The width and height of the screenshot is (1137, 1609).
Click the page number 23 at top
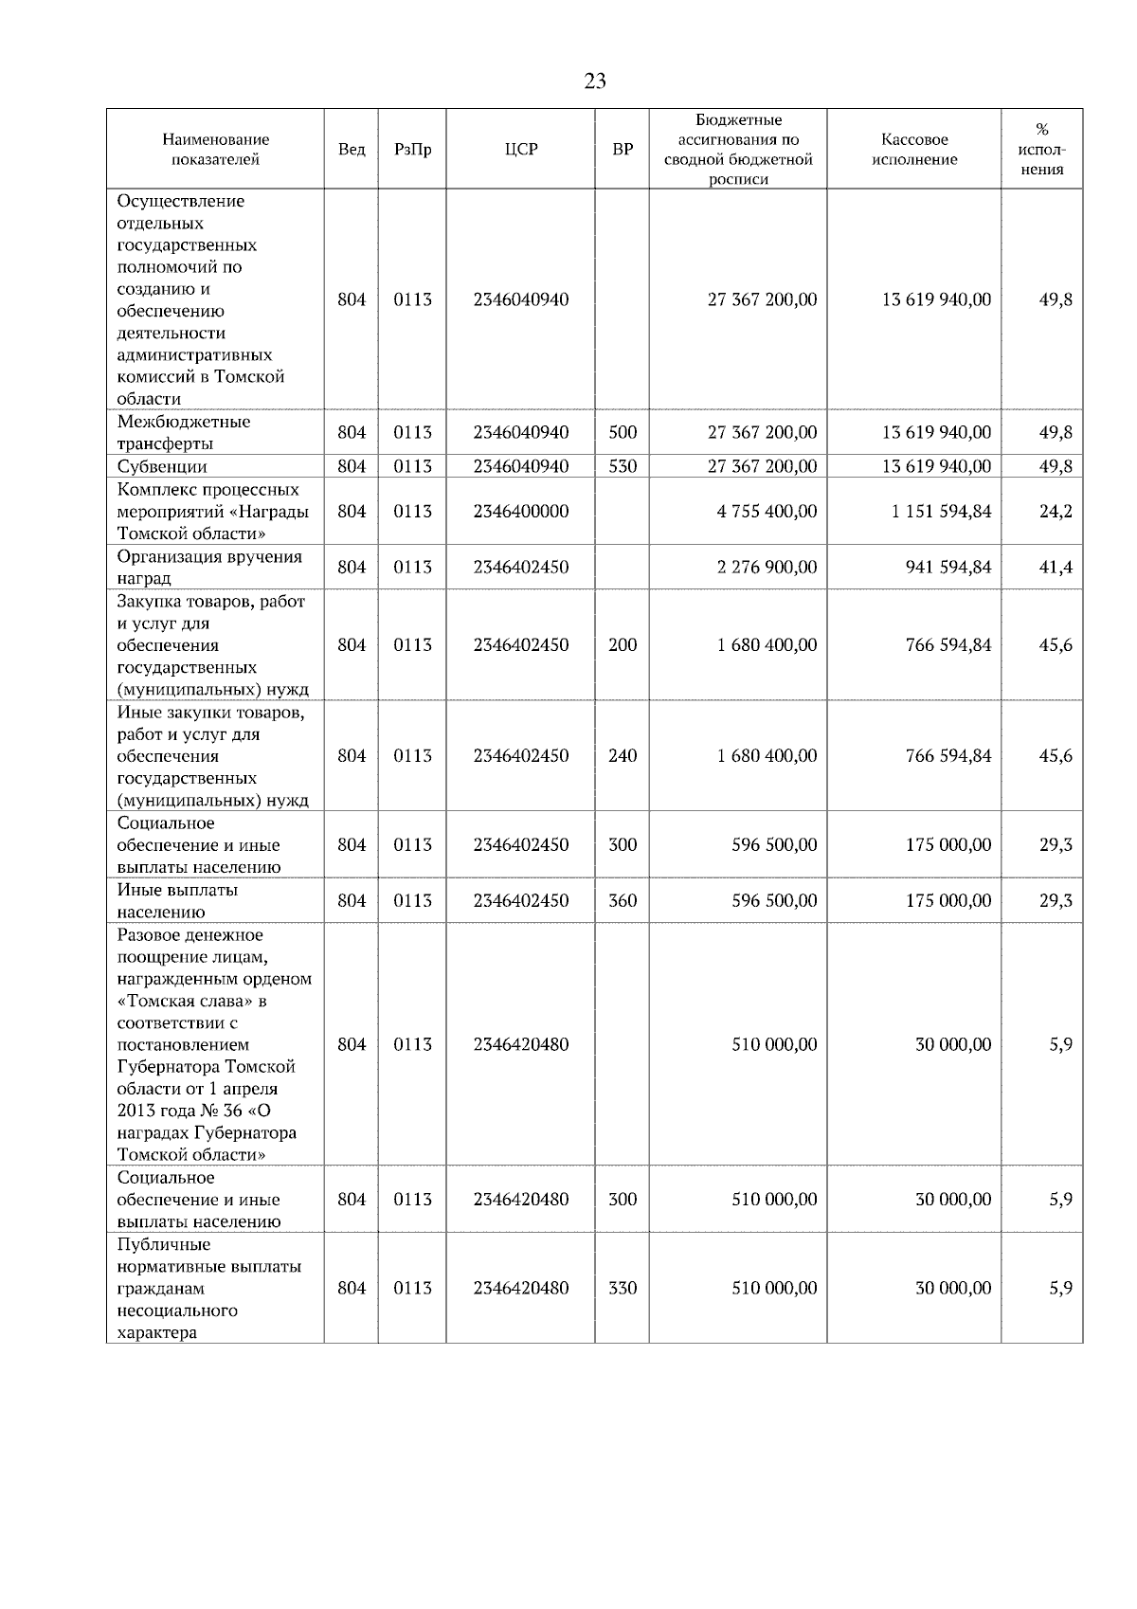pos(595,81)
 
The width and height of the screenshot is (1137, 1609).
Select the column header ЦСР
pos(521,150)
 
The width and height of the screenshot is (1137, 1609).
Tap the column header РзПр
pos(412,150)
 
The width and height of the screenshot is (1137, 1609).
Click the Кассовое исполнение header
pos(913,150)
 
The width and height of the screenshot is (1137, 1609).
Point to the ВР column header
pos(623,150)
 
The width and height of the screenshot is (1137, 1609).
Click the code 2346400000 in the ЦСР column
pos(521,512)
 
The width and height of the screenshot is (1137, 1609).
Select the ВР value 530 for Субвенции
pos(623,466)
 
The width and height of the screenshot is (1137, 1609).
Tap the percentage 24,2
pos(1056,512)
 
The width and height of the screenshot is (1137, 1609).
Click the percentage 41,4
pos(1056,568)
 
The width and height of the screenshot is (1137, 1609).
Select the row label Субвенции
pos(162,466)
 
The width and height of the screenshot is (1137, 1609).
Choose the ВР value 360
pos(623,901)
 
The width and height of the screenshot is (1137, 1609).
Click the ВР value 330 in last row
pos(623,1289)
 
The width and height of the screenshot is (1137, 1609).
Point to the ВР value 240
pos(623,756)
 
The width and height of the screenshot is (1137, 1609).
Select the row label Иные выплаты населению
pos(177,901)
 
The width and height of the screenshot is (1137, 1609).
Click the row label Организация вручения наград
pos(209,568)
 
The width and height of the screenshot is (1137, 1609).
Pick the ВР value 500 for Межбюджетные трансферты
pos(623,433)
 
